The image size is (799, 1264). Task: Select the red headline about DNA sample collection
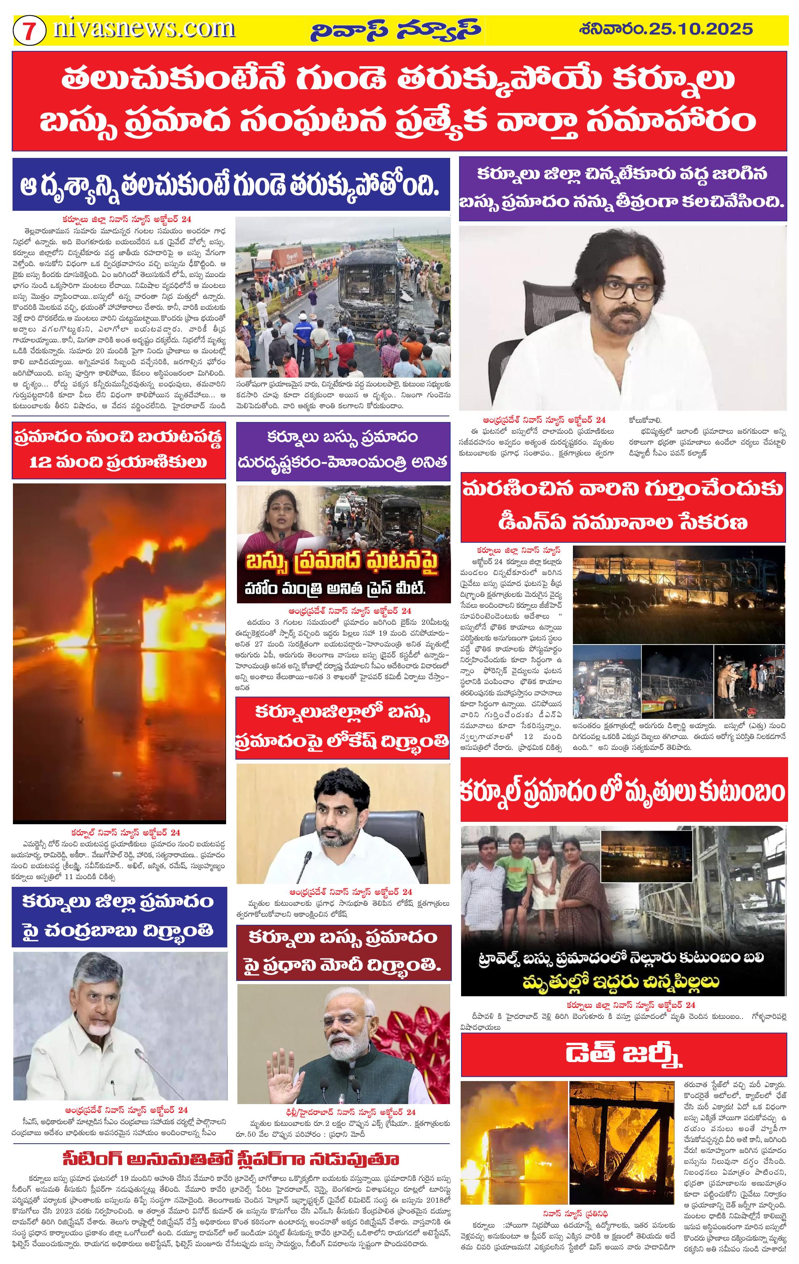tap(623, 508)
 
